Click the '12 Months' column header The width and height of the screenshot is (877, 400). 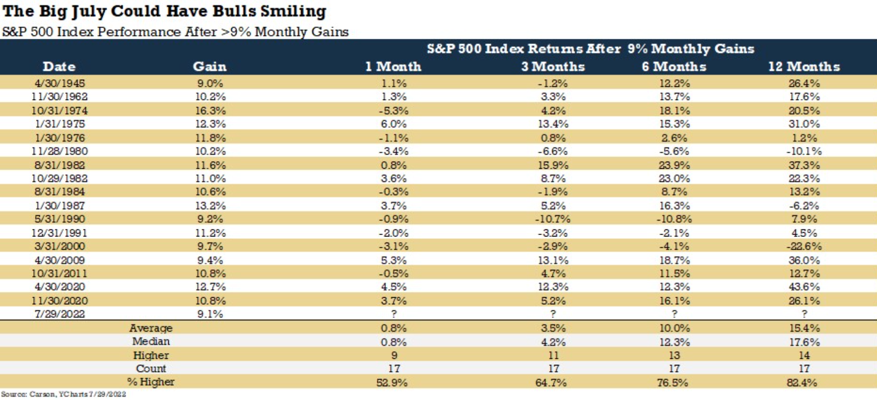[804, 66]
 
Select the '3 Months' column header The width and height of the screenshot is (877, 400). [553, 66]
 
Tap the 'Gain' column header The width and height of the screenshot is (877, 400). [210, 66]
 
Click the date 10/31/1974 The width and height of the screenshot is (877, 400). [59, 110]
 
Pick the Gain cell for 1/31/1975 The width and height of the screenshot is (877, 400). [210, 124]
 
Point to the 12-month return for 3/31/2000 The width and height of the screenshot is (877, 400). [804, 246]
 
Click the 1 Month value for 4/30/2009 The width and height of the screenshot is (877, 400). [394, 260]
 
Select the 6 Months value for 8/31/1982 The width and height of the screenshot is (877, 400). [674, 165]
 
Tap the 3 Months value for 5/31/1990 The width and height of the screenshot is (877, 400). [553, 219]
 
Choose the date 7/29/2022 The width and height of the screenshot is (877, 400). [59, 314]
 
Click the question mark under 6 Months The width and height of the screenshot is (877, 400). [674, 314]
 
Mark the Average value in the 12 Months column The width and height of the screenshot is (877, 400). [804, 328]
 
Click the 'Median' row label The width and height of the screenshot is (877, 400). [151, 341]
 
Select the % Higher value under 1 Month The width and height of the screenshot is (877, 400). [392, 382]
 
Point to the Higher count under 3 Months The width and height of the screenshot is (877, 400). [553, 355]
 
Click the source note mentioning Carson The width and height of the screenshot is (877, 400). [64, 394]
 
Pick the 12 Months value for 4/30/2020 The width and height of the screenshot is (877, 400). [804, 287]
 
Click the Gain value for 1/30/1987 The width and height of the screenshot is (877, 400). [210, 206]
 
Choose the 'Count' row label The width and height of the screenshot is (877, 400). [151, 369]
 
